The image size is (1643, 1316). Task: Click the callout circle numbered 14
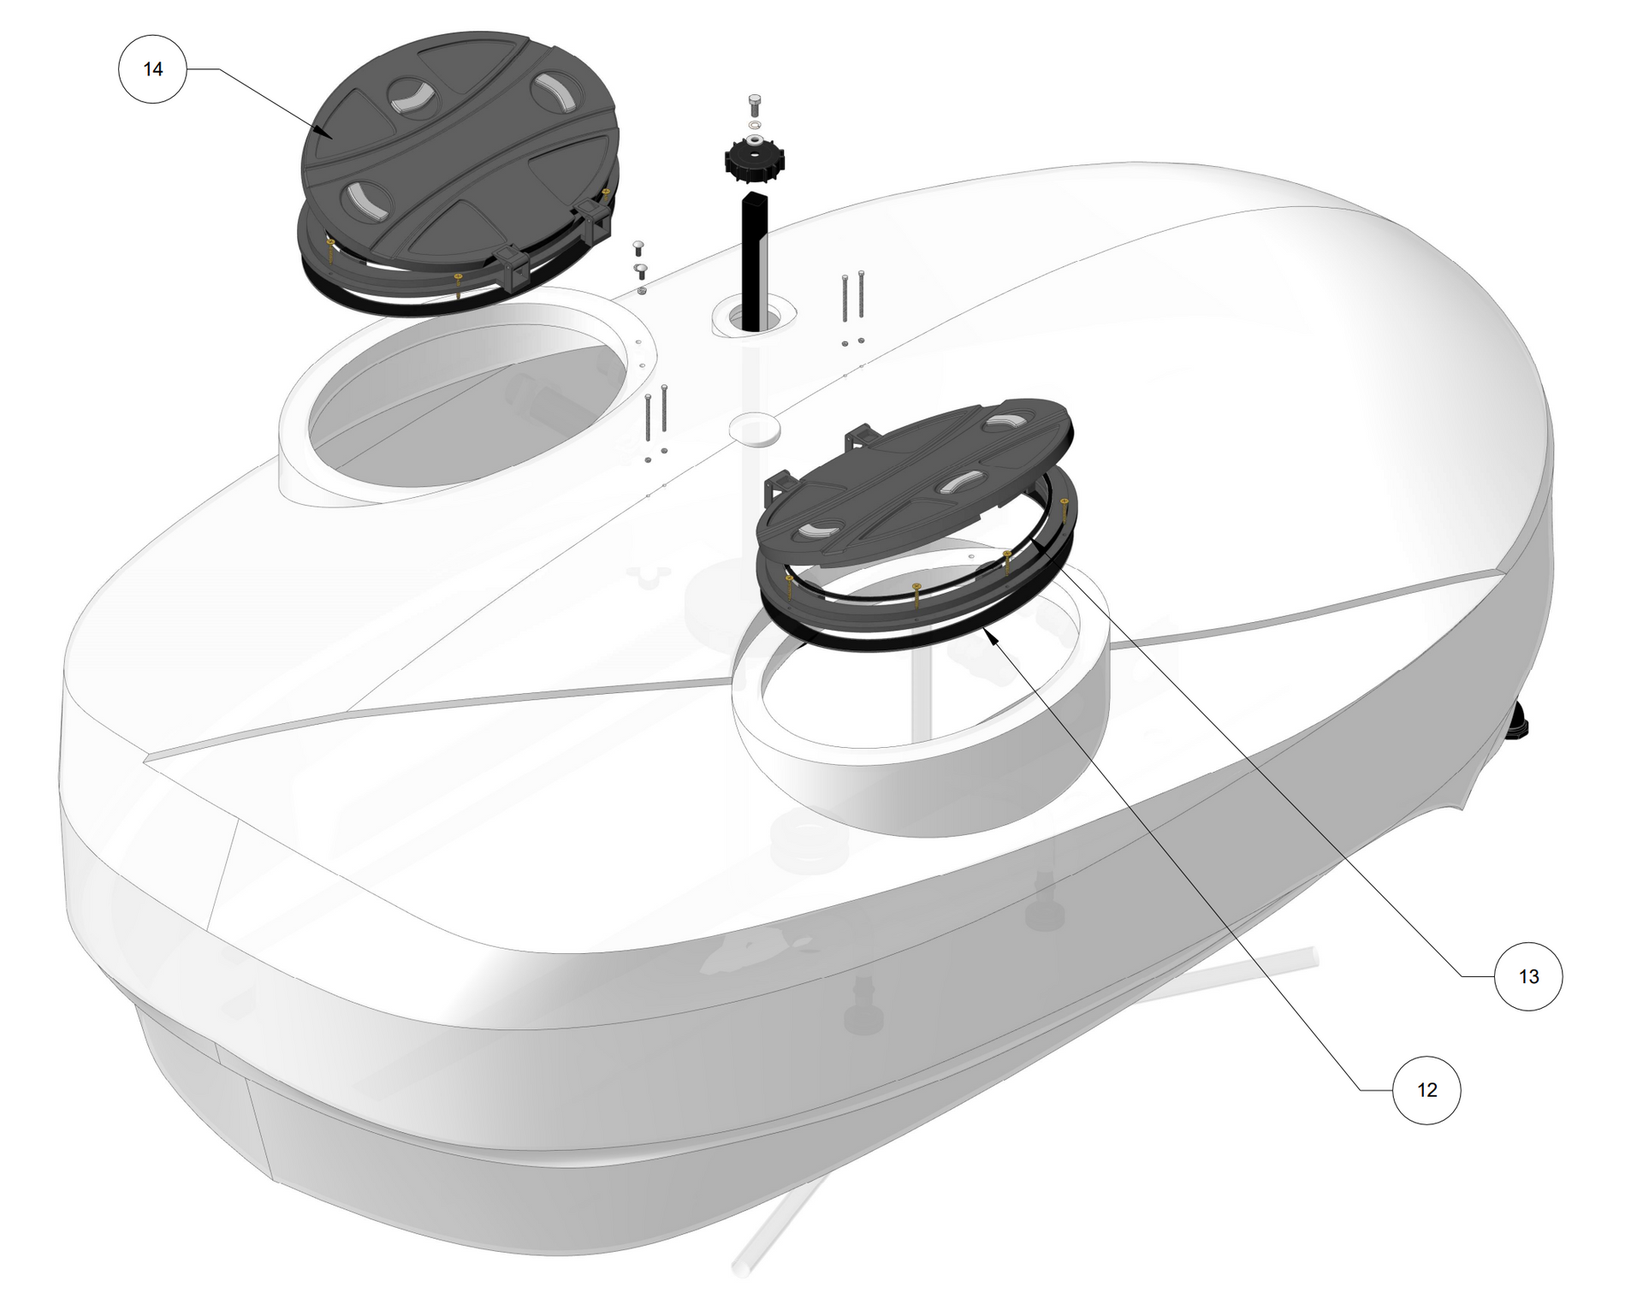pyautogui.click(x=152, y=68)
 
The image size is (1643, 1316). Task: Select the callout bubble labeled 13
pyautogui.click(x=1528, y=976)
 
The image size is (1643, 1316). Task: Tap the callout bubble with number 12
pyautogui.click(x=1427, y=1089)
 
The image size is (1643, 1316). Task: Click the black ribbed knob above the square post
pyautogui.click(x=755, y=160)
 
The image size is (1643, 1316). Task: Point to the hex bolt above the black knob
pyautogui.click(x=755, y=105)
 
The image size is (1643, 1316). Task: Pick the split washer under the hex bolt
pyautogui.click(x=755, y=125)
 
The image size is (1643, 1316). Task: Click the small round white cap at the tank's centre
pyautogui.click(x=754, y=427)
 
